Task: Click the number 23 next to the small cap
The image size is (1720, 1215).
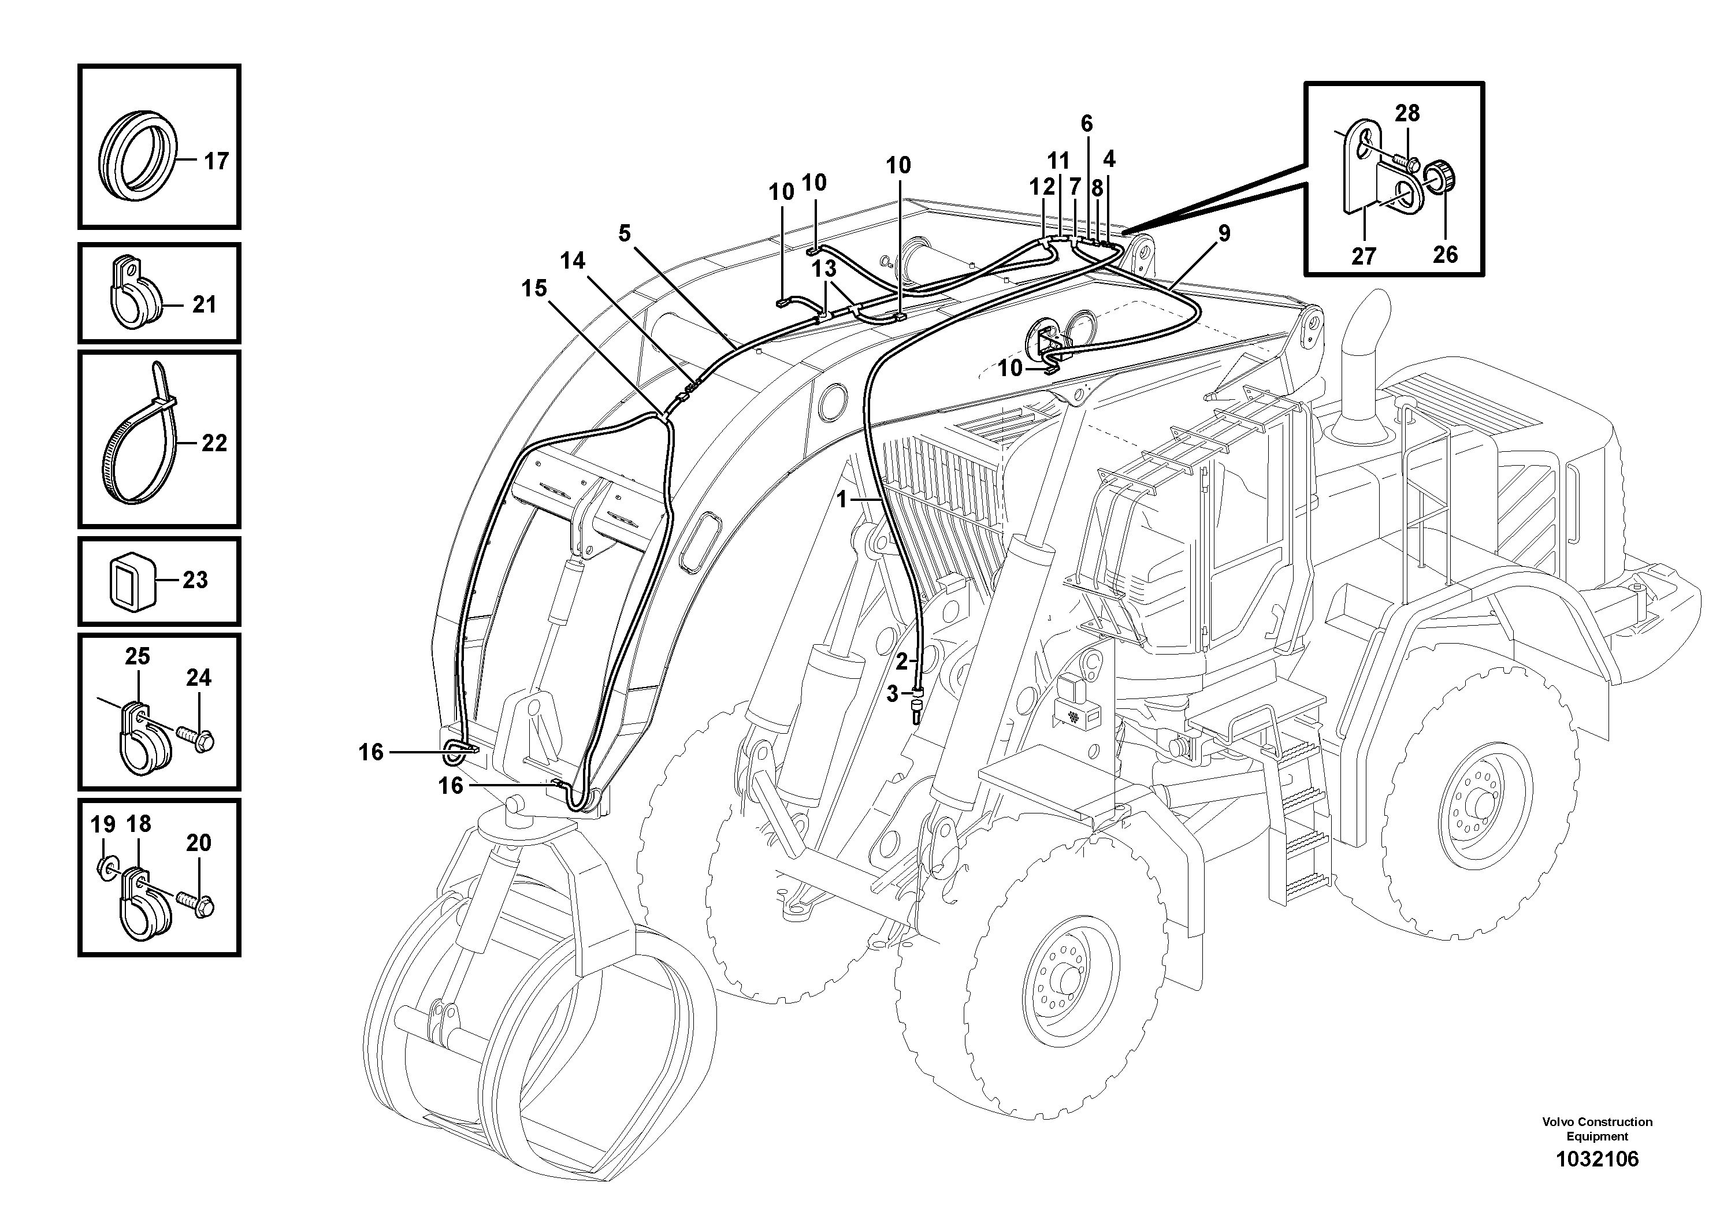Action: (195, 580)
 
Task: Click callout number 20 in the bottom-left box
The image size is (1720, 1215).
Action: (199, 843)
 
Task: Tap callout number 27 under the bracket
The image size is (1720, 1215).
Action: (1364, 256)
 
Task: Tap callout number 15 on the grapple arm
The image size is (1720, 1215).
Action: (534, 288)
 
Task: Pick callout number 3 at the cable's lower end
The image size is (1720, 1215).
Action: (891, 694)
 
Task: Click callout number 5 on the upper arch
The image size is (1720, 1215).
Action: (625, 233)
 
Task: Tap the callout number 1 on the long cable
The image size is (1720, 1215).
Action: (842, 500)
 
